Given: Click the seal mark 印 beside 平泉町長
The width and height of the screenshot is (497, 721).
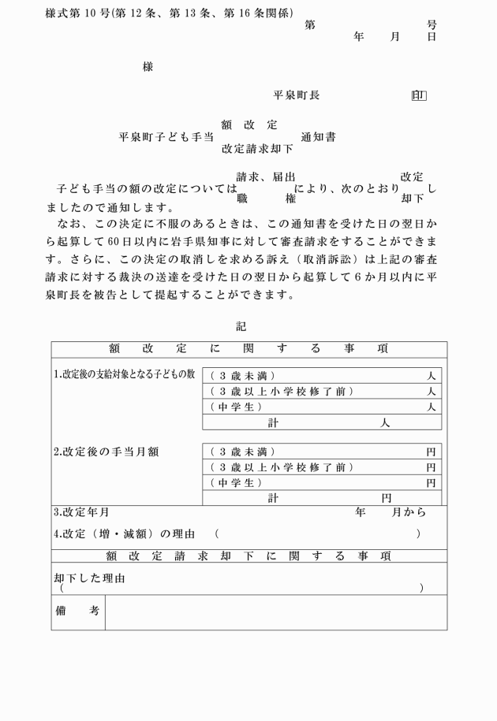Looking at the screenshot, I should [419, 96].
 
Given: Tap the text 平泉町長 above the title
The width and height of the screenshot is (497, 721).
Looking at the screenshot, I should [296, 95].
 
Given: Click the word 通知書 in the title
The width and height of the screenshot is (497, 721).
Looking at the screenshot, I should [318, 137].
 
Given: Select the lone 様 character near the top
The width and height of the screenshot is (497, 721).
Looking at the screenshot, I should [148, 67].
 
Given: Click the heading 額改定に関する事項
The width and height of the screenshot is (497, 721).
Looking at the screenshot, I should [248, 348].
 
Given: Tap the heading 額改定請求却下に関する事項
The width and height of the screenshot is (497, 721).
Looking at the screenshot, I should [248, 556].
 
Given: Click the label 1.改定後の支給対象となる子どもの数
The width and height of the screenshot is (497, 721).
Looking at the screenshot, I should [125, 374].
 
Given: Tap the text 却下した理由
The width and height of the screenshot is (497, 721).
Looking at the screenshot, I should [89, 578].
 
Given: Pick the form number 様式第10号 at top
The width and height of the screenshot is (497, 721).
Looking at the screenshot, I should [80, 13].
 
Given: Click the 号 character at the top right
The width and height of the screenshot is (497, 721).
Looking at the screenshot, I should [432, 25].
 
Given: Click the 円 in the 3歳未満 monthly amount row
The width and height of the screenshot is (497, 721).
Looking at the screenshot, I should [431, 452].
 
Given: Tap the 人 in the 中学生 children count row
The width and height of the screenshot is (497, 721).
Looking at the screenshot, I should [431, 407].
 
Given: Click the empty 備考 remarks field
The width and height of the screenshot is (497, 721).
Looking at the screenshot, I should [275, 612].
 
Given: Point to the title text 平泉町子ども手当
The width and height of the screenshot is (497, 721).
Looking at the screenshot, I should [166, 137].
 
